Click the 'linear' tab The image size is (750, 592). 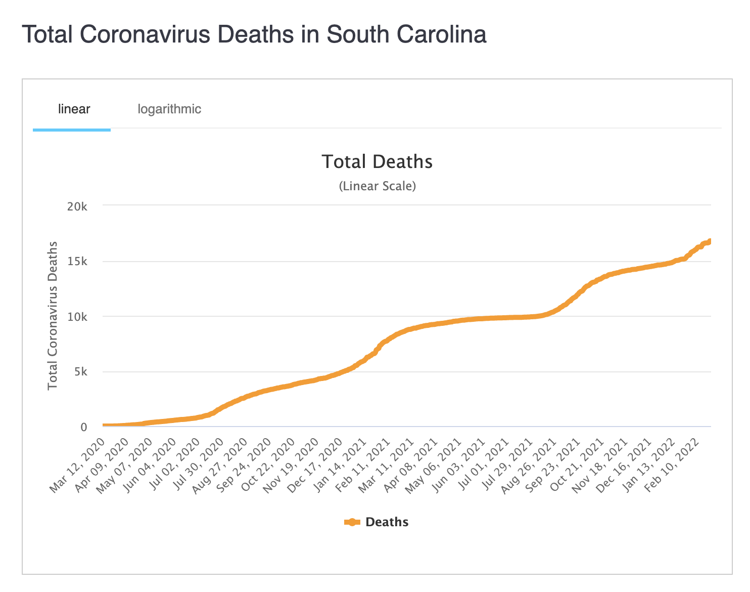tap(74, 109)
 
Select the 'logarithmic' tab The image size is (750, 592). tap(169, 109)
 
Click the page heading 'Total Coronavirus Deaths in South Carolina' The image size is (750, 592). tap(254, 35)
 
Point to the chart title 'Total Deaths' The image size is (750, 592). tap(377, 161)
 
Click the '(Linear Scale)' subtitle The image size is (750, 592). tap(377, 186)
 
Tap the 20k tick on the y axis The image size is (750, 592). tap(77, 206)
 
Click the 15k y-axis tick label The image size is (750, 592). tap(77, 262)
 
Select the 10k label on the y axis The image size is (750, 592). tap(77, 317)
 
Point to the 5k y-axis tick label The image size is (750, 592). tap(80, 372)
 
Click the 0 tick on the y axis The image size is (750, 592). tap(84, 427)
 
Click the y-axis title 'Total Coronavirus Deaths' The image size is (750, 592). tap(53, 316)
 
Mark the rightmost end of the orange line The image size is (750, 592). tap(710, 241)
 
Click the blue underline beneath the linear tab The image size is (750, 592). tap(72, 130)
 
